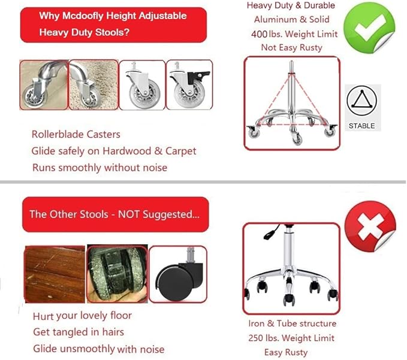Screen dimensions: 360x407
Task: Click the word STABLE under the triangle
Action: tap(361, 126)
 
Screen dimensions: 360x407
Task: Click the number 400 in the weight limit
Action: tap(259, 34)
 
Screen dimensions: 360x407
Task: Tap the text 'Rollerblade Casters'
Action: tap(76, 135)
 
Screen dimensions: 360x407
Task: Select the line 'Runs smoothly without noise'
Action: tap(100, 167)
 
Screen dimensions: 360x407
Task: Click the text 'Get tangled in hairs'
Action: tap(79, 332)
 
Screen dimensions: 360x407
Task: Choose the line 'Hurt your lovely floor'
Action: tap(83, 316)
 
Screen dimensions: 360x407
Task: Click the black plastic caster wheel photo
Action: tap(177, 274)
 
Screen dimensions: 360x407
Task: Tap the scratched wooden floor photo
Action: tap(54, 274)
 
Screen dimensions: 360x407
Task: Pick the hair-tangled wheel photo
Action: tap(116, 274)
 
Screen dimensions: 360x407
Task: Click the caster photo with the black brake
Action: tap(189, 84)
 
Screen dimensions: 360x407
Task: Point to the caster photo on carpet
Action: tap(93, 84)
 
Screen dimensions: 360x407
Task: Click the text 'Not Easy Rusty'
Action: tap(291, 47)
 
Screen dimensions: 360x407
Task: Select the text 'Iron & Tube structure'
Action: tap(292, 323)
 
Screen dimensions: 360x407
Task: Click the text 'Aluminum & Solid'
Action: tap(291, 20)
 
